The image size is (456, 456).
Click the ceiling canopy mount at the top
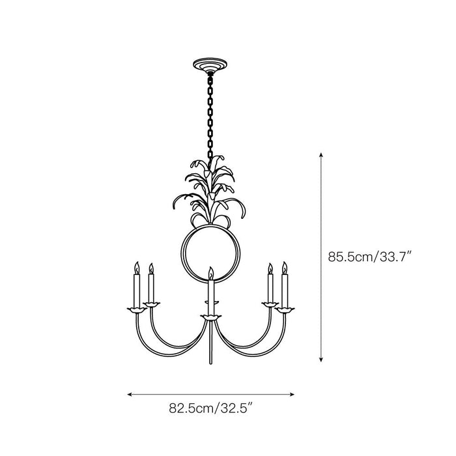point(210,66)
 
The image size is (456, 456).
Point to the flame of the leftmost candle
point(137,267)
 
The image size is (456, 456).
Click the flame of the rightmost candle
point(284,267)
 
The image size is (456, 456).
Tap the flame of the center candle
point(210,272)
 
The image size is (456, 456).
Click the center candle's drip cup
point(210,317)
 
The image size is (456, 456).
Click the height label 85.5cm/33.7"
point(371,257)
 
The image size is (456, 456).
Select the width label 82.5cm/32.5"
point(210,409)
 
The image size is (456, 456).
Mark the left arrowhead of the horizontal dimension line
point(130,393)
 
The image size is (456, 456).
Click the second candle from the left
point(151,287)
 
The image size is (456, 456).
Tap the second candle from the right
point(270,287)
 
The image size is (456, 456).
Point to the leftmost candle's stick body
point(137,290)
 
